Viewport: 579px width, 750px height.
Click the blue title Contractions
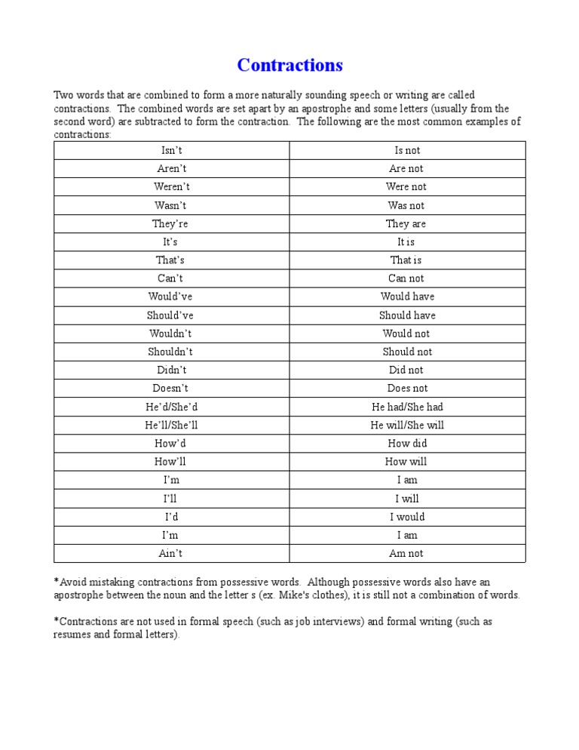click(x=289, y=65)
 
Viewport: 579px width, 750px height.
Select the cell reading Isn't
click(x=171, y=150)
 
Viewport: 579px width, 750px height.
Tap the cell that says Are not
click(x=406, y=169)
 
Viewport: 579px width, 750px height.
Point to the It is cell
click(x=406, y=242)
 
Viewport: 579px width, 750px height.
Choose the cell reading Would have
click(x=407, y=297)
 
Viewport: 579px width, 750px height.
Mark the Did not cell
click(x=406, y=370)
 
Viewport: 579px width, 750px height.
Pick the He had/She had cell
click(x=407, y=407)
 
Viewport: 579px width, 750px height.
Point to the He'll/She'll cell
click(x=171, y=425)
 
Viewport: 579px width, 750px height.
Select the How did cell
click(x=407, y=444)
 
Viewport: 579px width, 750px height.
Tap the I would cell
click(x=407, y=517)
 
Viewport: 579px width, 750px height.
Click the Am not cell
click(x=406, y=553)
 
